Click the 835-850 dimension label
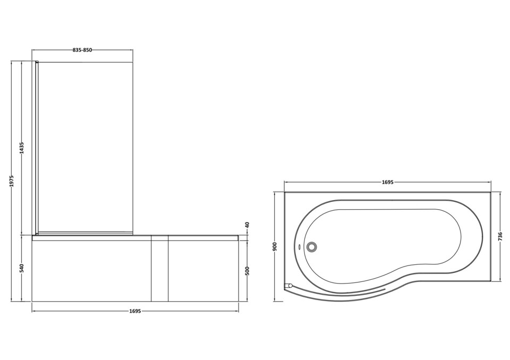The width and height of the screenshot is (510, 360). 82,50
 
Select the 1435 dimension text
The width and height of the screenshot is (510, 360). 22,148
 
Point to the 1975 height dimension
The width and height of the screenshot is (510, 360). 12,181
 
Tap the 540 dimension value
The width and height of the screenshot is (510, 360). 22,268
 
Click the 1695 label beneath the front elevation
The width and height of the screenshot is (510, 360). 135,311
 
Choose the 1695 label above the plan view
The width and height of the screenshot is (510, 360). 387,182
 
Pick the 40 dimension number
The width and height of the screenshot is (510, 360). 247,225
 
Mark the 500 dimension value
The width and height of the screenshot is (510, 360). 247,271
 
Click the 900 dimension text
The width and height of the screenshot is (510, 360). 275,247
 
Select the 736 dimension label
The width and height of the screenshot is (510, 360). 500,236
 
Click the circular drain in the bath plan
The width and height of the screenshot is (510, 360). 311,246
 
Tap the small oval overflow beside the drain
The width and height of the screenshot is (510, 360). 300,246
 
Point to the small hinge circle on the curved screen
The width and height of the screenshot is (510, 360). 290,286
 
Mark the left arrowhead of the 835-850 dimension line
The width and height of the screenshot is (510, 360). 34,50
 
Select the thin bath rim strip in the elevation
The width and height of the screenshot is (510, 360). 135,238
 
